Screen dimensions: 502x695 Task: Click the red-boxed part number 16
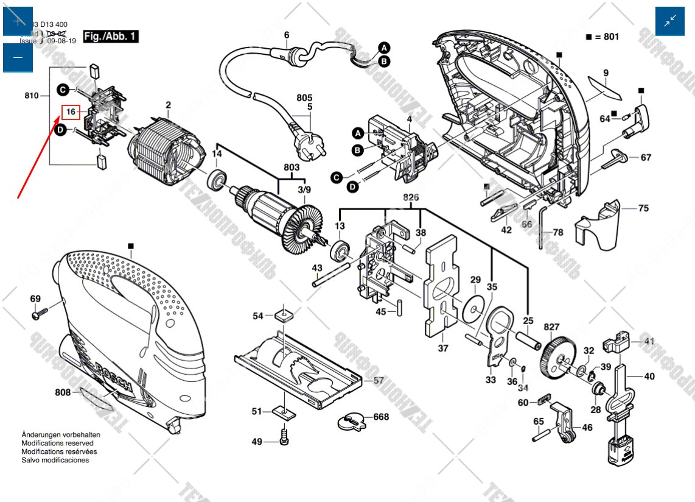[71, 112]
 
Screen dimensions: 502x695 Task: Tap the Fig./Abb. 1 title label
[110, 37]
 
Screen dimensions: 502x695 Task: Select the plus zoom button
[18, 21]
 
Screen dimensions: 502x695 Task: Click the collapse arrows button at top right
[670, 21]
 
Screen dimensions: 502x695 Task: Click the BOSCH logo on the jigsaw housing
[115, 377]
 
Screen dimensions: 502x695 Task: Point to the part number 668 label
[381, 417]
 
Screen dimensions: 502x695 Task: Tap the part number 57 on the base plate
[379, 380]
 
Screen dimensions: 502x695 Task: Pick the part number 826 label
[411, 198]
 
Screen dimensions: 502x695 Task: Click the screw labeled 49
[284, 436]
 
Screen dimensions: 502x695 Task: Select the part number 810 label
[32, 96]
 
